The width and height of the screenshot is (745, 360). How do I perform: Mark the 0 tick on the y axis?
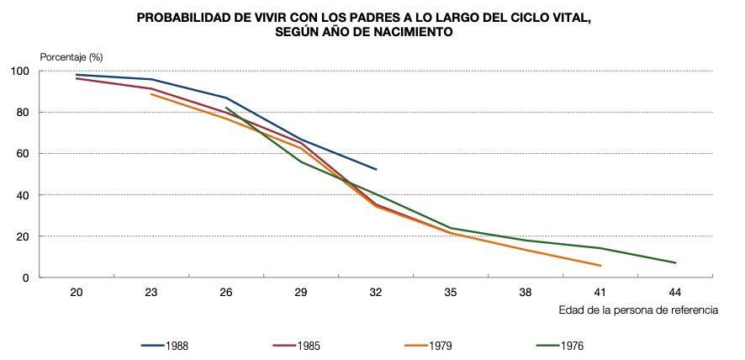click(x=50, y=278)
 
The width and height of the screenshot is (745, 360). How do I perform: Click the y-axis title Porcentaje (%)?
click(x=71, y=56)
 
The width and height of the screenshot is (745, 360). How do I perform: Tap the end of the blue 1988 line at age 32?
click(x=376, y=170)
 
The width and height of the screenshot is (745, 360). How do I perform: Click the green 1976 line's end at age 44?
click(x=675, y=263)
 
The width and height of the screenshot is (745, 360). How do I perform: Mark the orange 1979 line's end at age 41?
click(x=600, y=266)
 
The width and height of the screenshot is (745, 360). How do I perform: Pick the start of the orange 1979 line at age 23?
click(x=151, y=94)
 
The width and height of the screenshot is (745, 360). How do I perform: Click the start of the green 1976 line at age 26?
click(x=227, y=108)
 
